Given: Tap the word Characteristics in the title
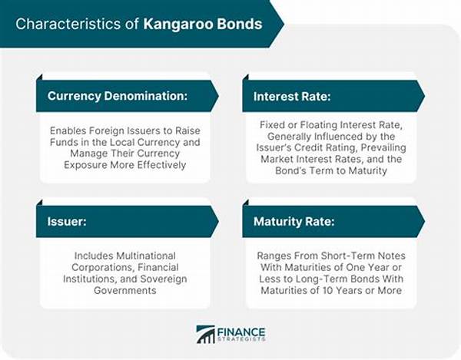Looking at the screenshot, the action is (68, 24).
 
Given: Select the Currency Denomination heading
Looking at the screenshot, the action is (118, 96).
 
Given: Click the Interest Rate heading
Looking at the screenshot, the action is (292, 96).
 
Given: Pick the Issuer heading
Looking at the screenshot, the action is (67, 221).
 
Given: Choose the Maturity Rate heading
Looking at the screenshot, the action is (294, 221).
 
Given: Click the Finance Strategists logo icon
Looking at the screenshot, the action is (205, 334).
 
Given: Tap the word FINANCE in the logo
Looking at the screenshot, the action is (241, 332).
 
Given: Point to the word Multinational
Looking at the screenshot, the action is (146, 256).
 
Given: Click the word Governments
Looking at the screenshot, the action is (125, 290).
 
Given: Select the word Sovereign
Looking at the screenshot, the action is (164, 279).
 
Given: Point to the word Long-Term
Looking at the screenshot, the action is (321, 279).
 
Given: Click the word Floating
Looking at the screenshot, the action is (318, 125).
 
